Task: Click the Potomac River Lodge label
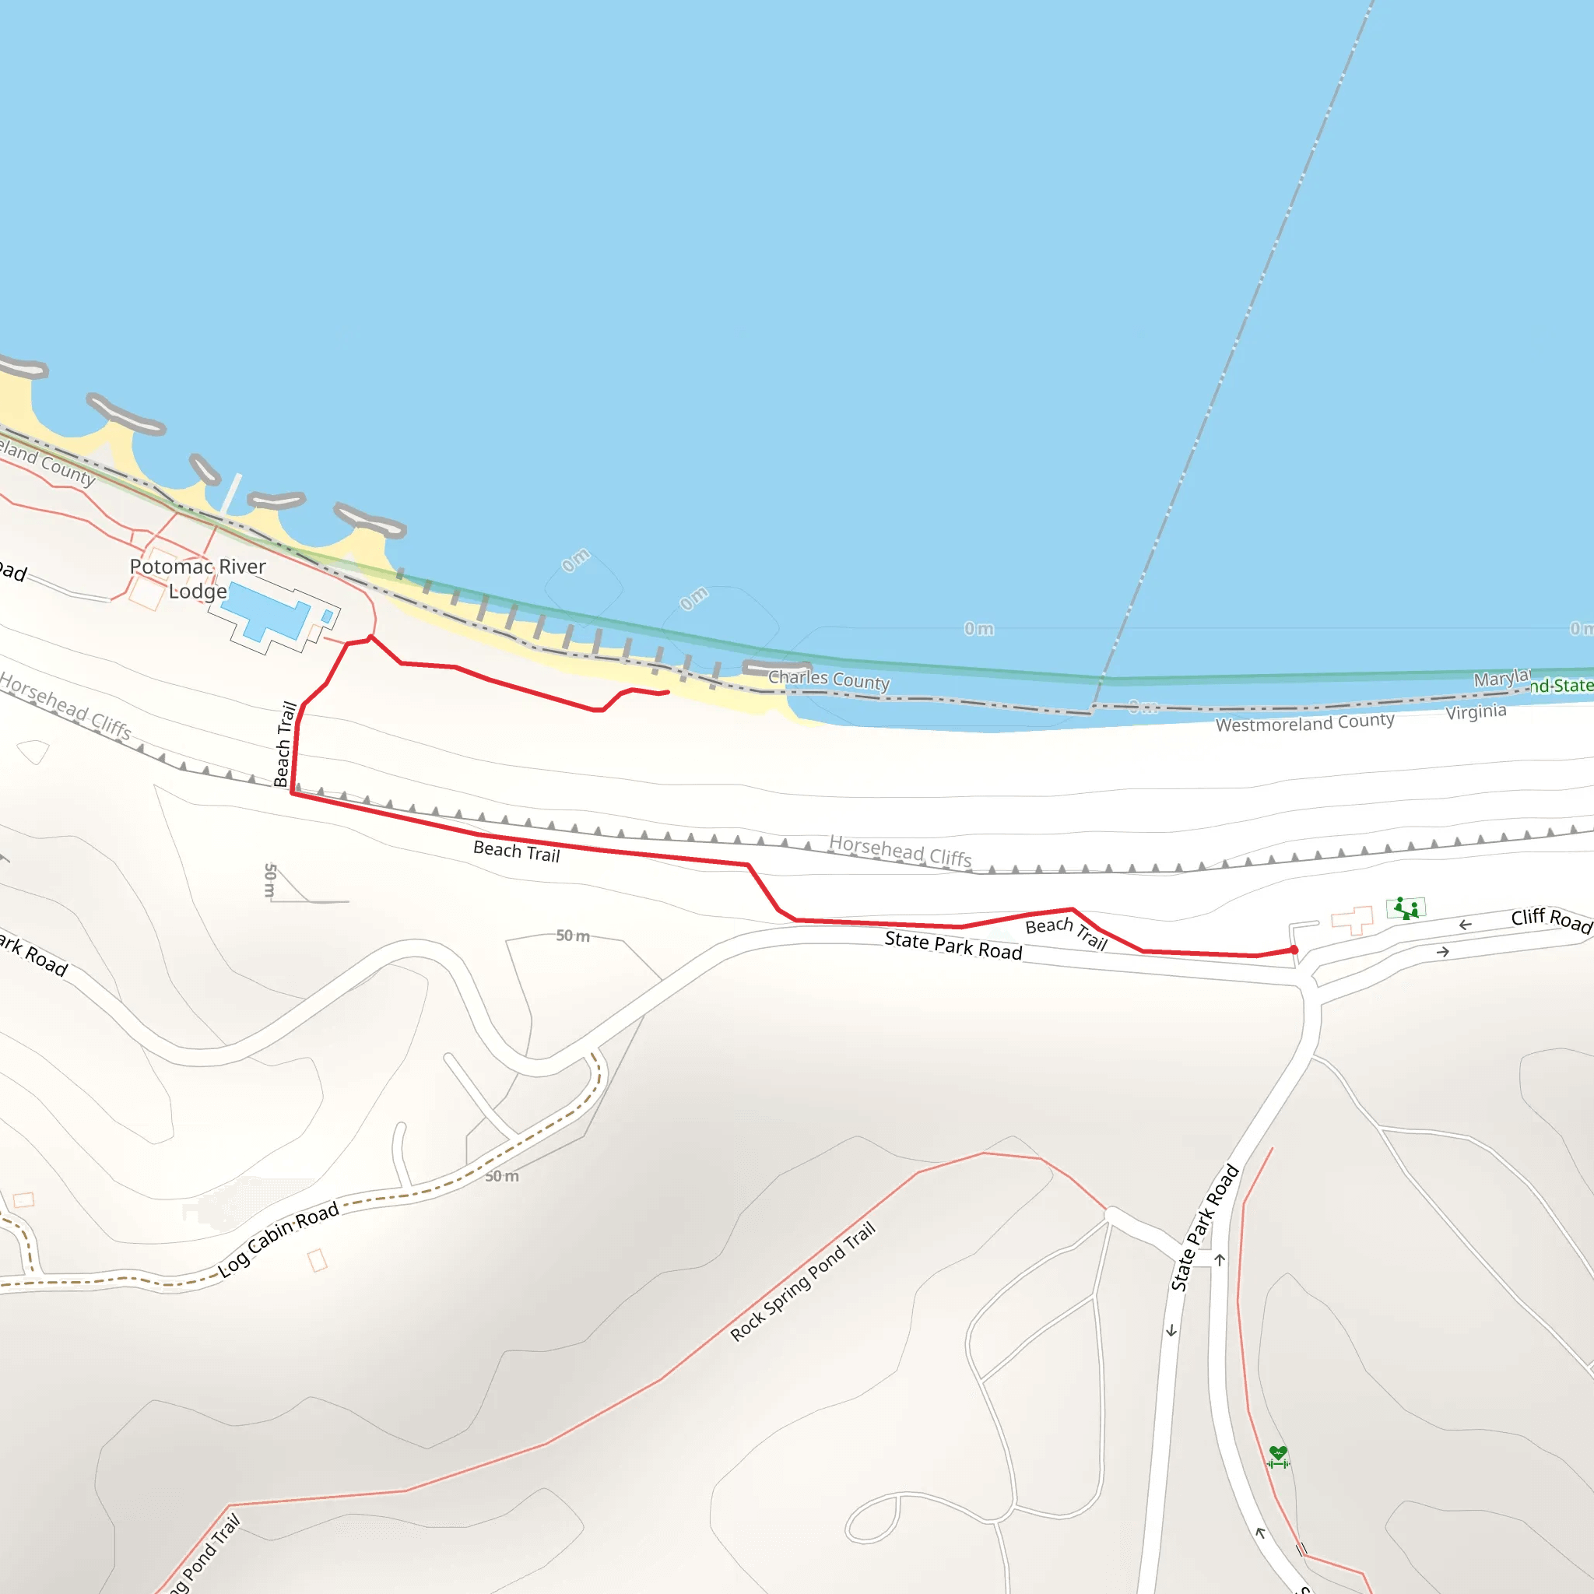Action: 198,578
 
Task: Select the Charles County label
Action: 828,679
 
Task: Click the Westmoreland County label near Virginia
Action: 1304,723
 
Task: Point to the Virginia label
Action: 1475,711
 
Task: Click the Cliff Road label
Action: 1550,920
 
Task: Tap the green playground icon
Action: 1406,908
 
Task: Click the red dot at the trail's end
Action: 1294,950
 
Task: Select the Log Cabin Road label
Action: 278,1239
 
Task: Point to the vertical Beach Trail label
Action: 284,743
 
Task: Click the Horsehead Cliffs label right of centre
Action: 901,851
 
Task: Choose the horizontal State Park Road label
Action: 953,946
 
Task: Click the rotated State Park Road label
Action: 1205,1227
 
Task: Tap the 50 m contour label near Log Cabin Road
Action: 502,1177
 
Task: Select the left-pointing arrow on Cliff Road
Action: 1466,925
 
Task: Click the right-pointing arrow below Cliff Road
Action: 1442,952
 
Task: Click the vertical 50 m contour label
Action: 270,880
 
